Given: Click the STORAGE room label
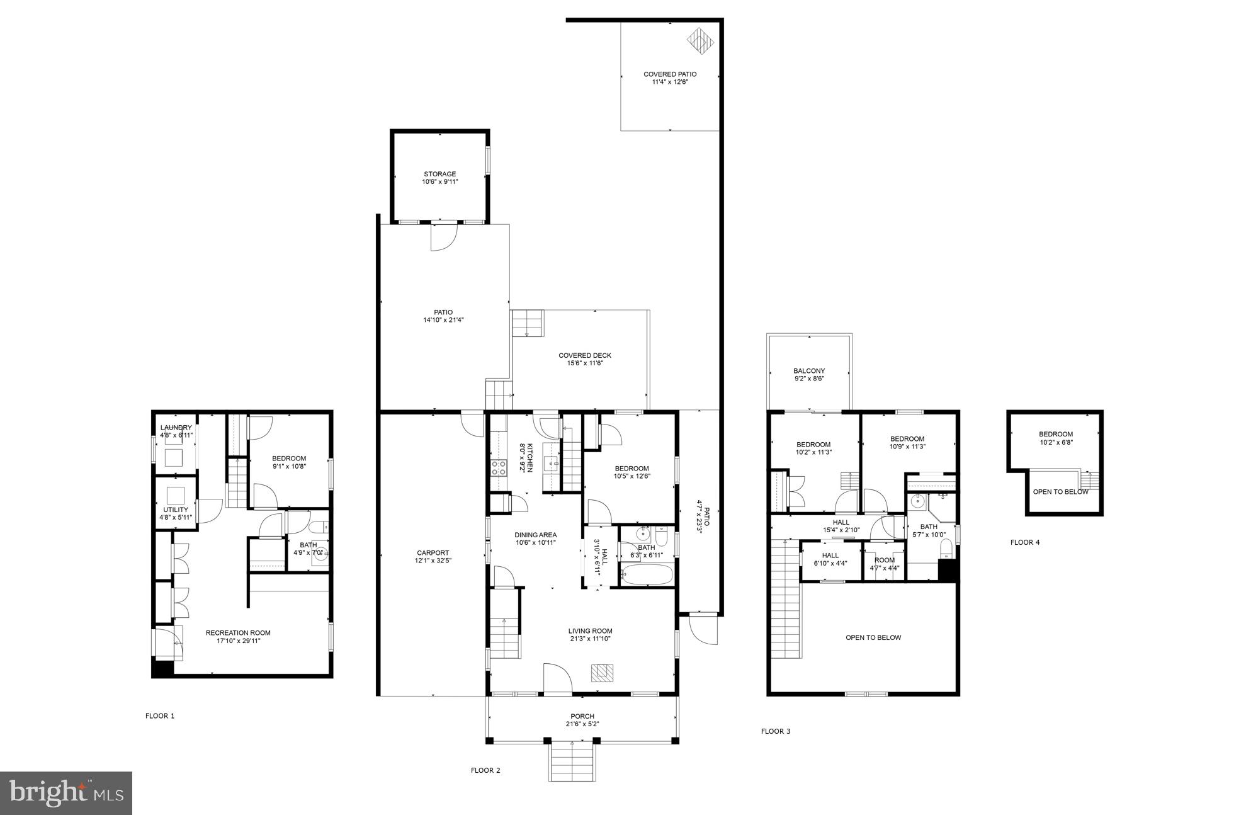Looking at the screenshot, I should click(439, 174).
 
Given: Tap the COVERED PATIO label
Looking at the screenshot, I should click(670, 74).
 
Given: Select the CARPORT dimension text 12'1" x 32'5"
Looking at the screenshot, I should click(433, 561).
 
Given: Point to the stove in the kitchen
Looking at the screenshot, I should click(499, 467).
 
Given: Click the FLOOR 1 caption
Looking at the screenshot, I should click(160, 715).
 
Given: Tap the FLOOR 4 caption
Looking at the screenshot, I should click(1025, 542).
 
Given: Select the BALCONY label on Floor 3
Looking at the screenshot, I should click(809, 371).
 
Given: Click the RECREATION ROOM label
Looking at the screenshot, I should click(238, 633).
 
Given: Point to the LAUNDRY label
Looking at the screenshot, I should click(176, 428).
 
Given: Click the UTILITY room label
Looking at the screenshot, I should click(176, 510).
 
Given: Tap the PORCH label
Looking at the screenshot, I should click(582, 716).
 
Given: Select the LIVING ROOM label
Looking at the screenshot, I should click(590, 631).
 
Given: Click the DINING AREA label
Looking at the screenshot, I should click(535, 535).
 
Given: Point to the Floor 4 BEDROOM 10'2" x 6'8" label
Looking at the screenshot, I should click(1056, 434).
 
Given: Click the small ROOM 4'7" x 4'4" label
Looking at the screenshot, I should click(884, 560).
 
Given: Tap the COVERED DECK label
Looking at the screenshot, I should click(585, 355).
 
